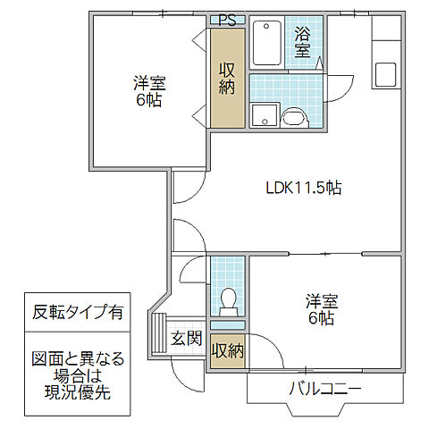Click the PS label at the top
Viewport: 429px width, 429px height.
pyautogui.click(x=227, y=20)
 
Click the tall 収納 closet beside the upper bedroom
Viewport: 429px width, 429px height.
pyautogui.click(x=227, y=79)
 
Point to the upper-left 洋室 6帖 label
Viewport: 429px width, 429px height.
pyautogui.click(x=150, y=90)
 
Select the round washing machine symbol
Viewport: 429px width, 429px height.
pyautogui.click(x=293, y=117)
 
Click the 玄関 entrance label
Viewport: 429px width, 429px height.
pyautogui.click(x=186, y=339)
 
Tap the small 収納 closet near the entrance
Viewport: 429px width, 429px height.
pyautogui.click(x=227, y=349)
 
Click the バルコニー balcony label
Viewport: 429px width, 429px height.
pyautogui.click(x=324, y=390)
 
